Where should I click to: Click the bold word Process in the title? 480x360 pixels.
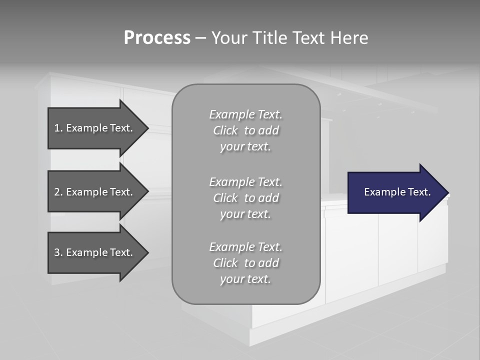157,38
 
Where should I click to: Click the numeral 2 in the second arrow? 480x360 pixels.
57,192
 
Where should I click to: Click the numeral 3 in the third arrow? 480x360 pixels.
57,252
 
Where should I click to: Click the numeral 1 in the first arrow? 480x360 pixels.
57,128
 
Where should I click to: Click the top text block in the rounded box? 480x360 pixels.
245,130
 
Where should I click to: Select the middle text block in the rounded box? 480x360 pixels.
245,198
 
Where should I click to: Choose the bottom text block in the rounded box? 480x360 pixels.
245,263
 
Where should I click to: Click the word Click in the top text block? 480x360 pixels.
225,130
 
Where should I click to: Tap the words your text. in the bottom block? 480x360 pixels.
245,279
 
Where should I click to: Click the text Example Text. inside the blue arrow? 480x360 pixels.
397,192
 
